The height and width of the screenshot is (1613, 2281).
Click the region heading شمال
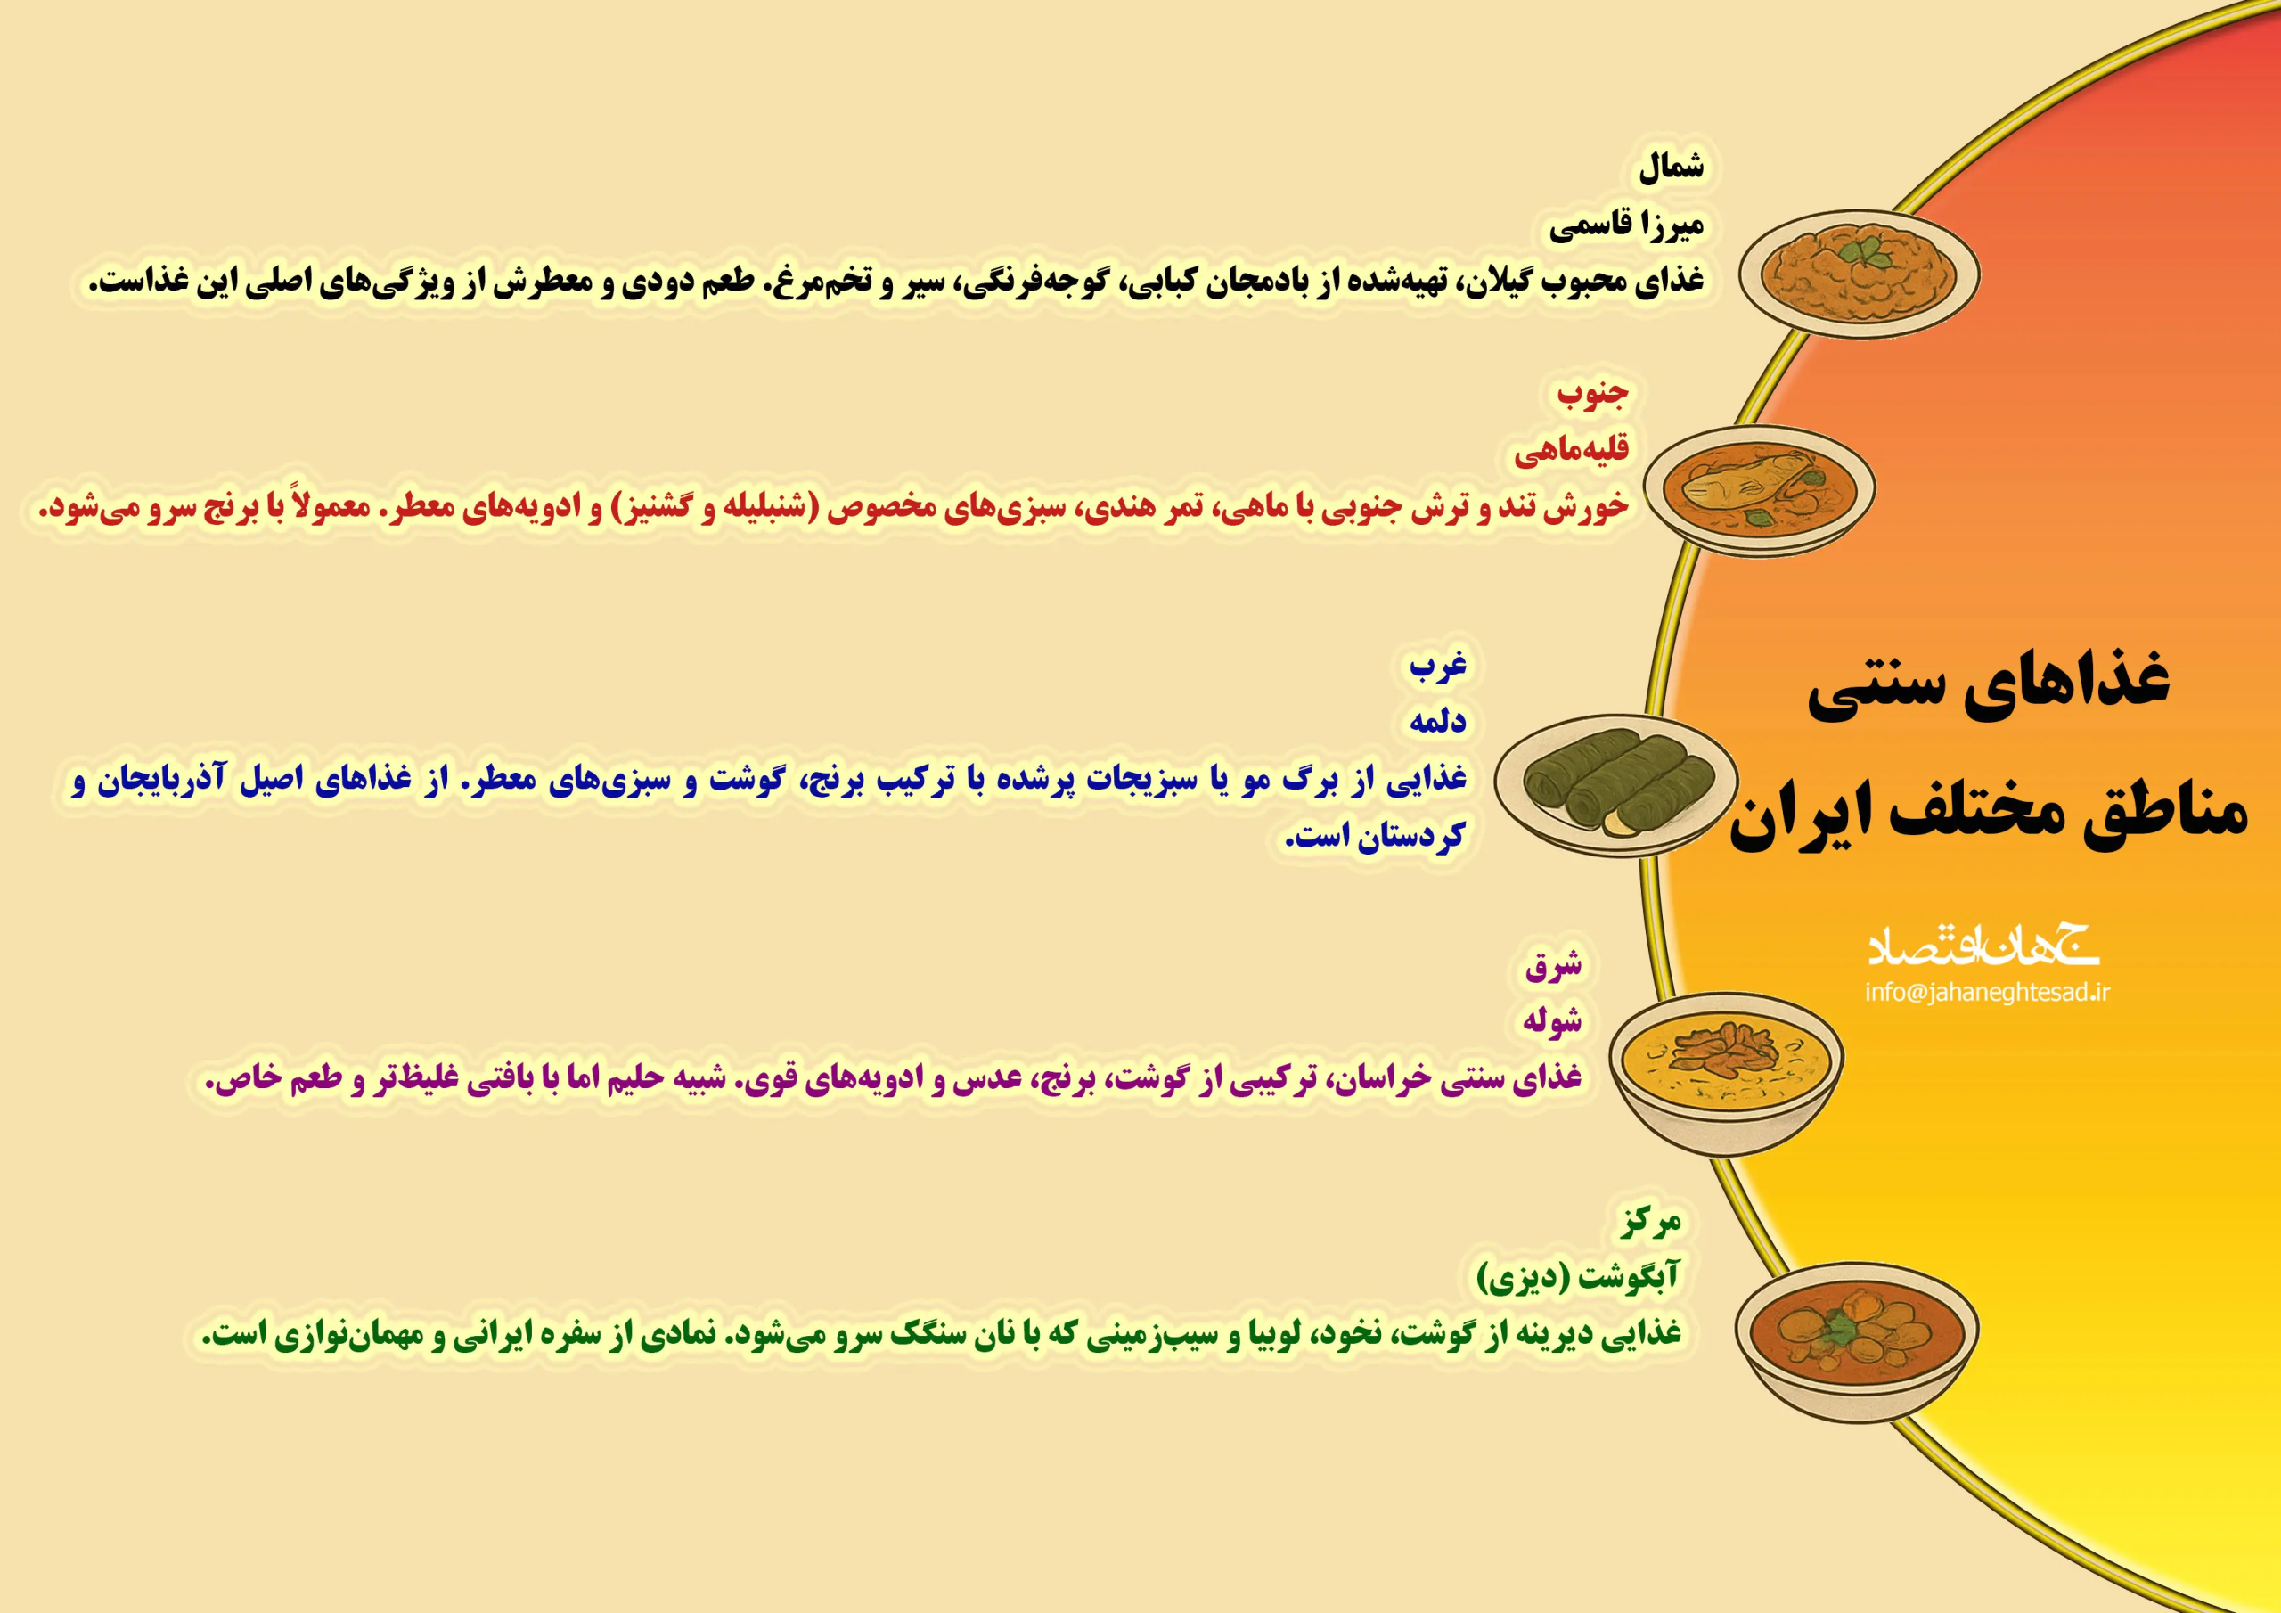1671,167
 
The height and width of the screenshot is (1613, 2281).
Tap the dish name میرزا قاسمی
1626,225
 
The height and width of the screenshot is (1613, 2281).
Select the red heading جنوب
1592,393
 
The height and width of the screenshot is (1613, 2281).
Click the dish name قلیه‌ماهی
1572,450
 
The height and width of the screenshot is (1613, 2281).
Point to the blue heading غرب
1437,664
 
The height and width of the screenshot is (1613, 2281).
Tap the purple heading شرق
1553,964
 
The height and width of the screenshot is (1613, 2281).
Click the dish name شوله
1552,1020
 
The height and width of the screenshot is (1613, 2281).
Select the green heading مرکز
1650,1220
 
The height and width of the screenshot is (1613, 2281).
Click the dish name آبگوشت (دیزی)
1579,1277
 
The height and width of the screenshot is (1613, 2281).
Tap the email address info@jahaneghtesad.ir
1987,992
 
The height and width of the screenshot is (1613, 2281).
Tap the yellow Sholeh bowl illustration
1727,1072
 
